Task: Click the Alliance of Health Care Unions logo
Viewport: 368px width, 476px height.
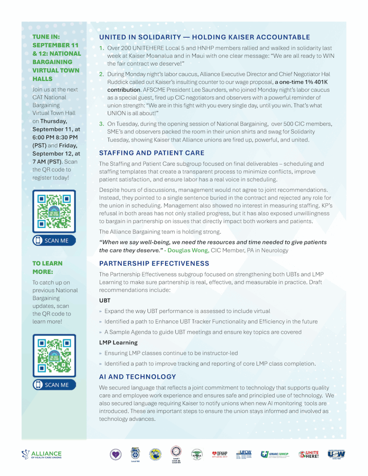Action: click(42, 454)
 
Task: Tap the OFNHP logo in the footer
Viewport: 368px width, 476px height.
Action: click(220, 454)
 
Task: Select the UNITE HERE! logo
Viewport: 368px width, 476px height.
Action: click(309, 454)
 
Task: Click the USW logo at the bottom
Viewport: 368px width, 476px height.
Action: click(336, 454)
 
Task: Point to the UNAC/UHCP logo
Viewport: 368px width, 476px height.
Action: click(275, 454)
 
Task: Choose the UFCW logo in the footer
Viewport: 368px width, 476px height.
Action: click(244, 454)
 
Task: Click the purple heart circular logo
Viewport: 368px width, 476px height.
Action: click(116, 455)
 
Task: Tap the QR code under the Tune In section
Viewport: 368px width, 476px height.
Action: click(54, 211)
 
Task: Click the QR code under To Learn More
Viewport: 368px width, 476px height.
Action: click(54, 355)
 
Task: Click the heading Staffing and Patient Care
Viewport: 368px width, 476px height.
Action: click(152, 153)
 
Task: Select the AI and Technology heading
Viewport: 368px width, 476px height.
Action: click(137, 377)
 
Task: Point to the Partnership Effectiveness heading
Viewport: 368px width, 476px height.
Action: click(154, 264)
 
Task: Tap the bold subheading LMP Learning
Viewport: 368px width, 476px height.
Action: click(118, 342)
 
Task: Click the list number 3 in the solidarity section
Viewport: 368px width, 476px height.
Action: click(101, 124)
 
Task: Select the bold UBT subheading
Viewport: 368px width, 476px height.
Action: click(105, 300)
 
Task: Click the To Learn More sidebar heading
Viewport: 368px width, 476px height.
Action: click(47, 267)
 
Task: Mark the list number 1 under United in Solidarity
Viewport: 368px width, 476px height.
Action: click(101, 48)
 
